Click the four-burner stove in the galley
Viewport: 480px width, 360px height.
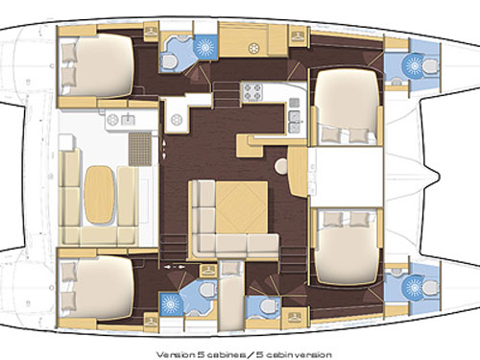(252, 91)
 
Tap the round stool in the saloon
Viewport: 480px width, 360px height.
(282, 166)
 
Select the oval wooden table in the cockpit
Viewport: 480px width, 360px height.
(99, 194)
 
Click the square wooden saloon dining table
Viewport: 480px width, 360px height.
(242, 207)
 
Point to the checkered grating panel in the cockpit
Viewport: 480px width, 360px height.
(139, 149)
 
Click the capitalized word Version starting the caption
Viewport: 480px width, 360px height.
(175, 355)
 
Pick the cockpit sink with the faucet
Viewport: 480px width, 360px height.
(129, 120)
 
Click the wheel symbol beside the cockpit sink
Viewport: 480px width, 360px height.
(112, 120)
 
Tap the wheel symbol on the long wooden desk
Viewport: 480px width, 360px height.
(254, 49)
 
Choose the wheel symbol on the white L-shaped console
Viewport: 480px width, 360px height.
(176, 121)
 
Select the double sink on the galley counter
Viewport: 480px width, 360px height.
(295, 122)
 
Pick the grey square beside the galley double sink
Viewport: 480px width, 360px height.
(295, 103)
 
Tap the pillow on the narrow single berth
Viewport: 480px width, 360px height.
(231, 268)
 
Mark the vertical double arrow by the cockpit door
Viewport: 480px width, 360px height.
(164, 149)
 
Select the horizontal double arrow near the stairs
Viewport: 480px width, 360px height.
(175, 266)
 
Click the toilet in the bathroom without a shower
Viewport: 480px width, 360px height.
(266, 305)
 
